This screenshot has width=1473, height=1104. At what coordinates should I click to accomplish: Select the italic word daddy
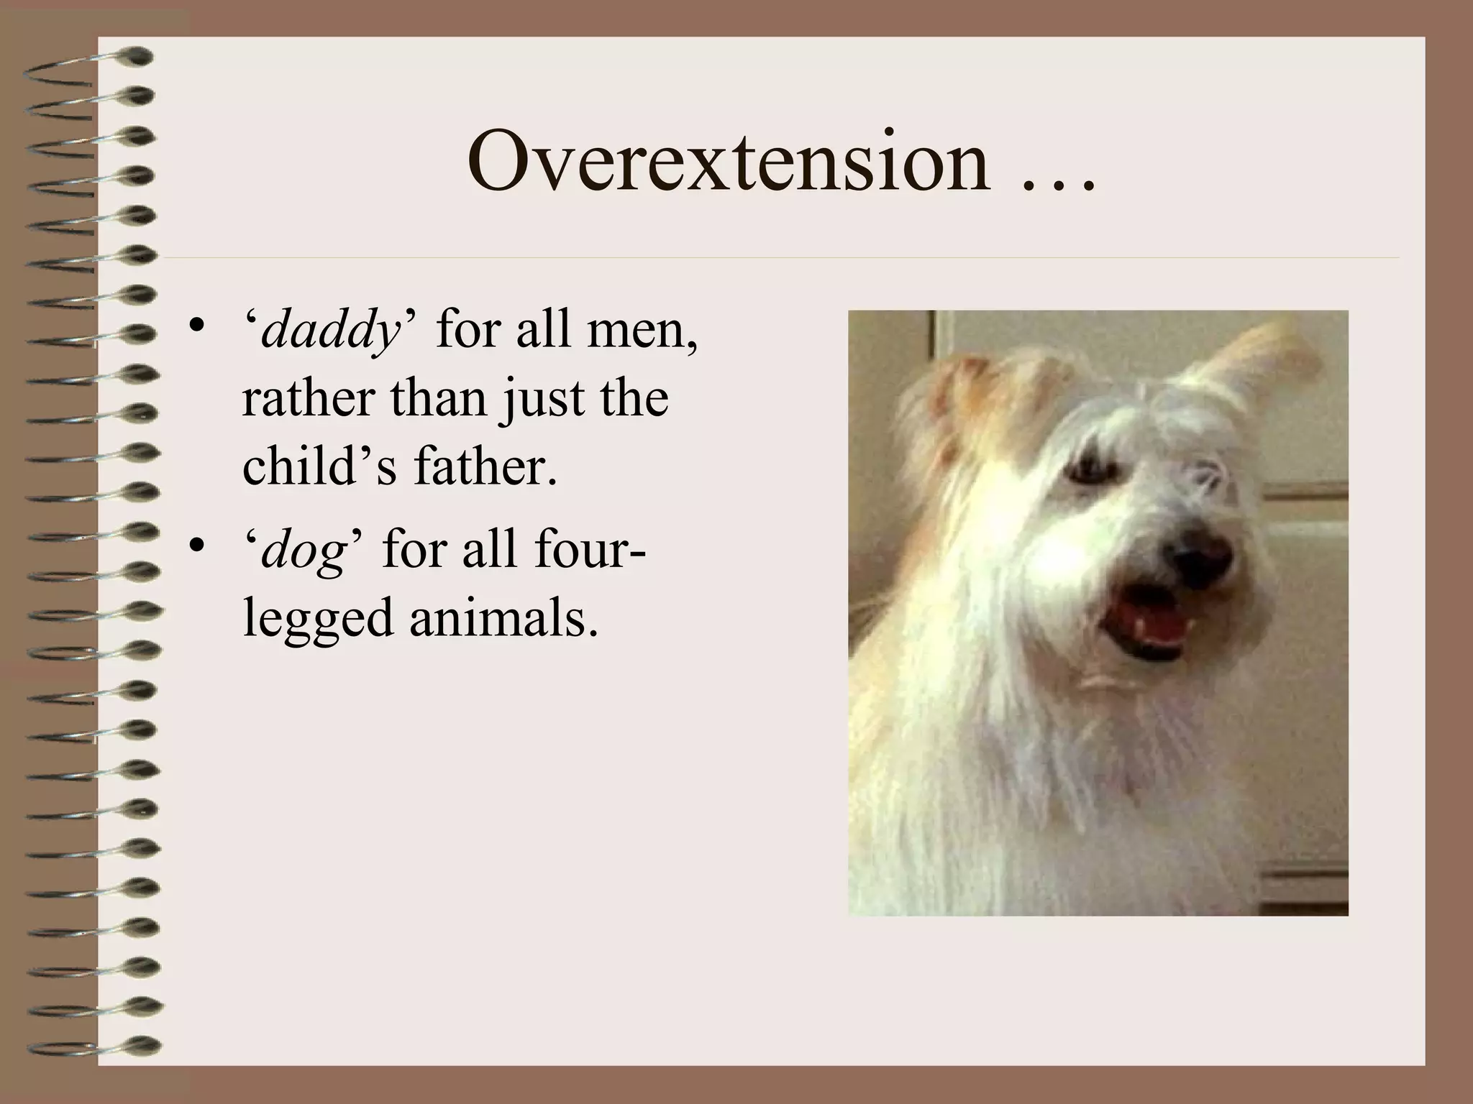coord(330,331)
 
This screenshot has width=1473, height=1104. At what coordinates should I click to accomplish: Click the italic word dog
coord(303,550)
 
